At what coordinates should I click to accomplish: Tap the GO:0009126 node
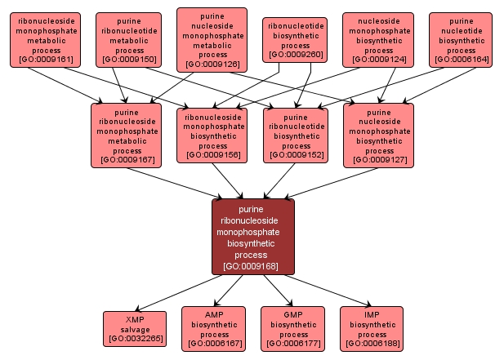212,40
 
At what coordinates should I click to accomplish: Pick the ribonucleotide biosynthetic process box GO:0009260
295,40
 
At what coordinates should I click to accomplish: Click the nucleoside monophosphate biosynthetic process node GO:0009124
378,39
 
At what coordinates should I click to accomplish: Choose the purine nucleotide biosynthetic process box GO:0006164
461,39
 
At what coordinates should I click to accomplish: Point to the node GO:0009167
127,136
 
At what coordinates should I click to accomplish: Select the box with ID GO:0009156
212,136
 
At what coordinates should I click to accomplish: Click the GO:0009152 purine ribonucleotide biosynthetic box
295,136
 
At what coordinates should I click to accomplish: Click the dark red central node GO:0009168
252,237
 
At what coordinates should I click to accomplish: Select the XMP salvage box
135,328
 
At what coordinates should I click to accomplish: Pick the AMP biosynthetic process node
214,328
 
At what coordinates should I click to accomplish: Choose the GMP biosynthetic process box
293,328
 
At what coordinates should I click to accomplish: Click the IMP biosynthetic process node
372,328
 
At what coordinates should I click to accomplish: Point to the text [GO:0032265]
135,338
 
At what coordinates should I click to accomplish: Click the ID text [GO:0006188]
372,344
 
